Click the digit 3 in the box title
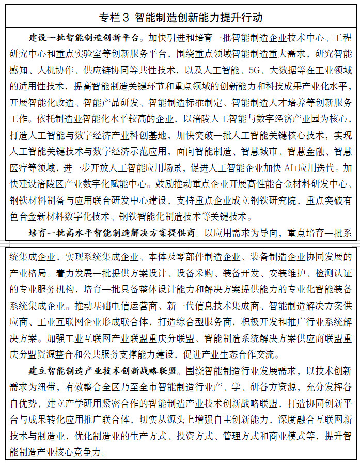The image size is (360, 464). pos(126,17)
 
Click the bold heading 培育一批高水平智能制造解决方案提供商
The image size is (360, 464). pos(111,233)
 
